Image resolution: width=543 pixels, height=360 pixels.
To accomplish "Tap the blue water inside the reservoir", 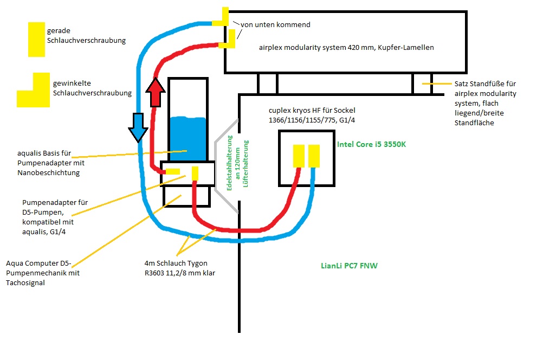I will [x=188, y=138].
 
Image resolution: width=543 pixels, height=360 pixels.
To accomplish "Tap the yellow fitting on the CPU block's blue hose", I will [x=314, y=156].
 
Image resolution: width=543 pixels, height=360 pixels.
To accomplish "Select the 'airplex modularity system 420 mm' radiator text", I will [x=346, y=48].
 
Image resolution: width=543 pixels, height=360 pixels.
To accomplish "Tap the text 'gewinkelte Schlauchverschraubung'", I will [x=92, y=88].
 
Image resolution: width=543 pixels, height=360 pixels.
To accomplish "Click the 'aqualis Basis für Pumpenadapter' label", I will [x=51, y=163].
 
